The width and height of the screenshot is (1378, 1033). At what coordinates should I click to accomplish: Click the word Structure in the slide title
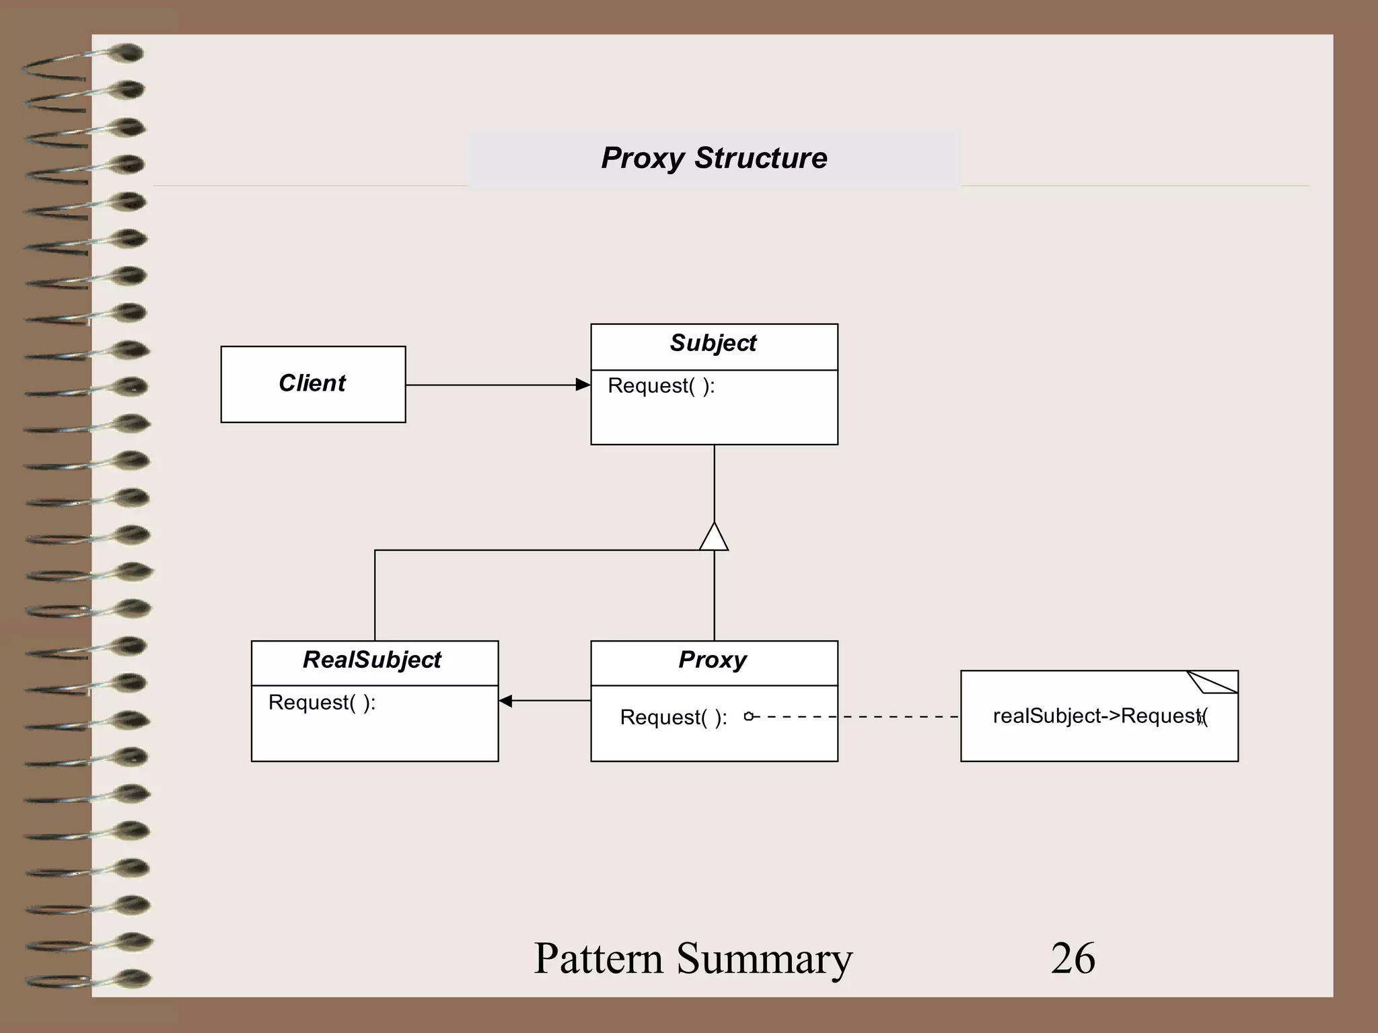760,159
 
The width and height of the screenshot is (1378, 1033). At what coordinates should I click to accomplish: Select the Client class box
313,384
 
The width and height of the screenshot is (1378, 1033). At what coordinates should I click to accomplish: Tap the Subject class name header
713,344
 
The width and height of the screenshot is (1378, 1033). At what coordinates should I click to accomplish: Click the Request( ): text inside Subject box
661,386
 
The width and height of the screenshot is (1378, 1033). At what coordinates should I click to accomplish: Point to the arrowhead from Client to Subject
583,385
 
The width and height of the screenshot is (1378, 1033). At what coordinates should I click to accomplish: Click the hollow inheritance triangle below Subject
714,539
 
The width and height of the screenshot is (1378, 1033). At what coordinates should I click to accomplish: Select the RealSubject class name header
372,660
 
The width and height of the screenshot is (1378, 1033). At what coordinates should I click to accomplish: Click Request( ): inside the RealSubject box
322,703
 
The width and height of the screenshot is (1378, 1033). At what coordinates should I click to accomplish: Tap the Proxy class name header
713,660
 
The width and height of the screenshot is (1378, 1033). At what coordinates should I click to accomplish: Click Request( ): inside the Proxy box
673,718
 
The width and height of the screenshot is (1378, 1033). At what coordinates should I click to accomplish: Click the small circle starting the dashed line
748,717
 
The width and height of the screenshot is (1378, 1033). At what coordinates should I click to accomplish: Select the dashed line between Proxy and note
875,717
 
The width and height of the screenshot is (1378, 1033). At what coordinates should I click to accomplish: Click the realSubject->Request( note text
1099,716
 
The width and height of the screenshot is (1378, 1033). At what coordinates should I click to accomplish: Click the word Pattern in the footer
597,959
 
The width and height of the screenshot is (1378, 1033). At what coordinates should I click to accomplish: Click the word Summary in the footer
764,959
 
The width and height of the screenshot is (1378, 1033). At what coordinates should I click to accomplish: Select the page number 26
1073,959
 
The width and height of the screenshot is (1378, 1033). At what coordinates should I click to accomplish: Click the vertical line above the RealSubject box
375,595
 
